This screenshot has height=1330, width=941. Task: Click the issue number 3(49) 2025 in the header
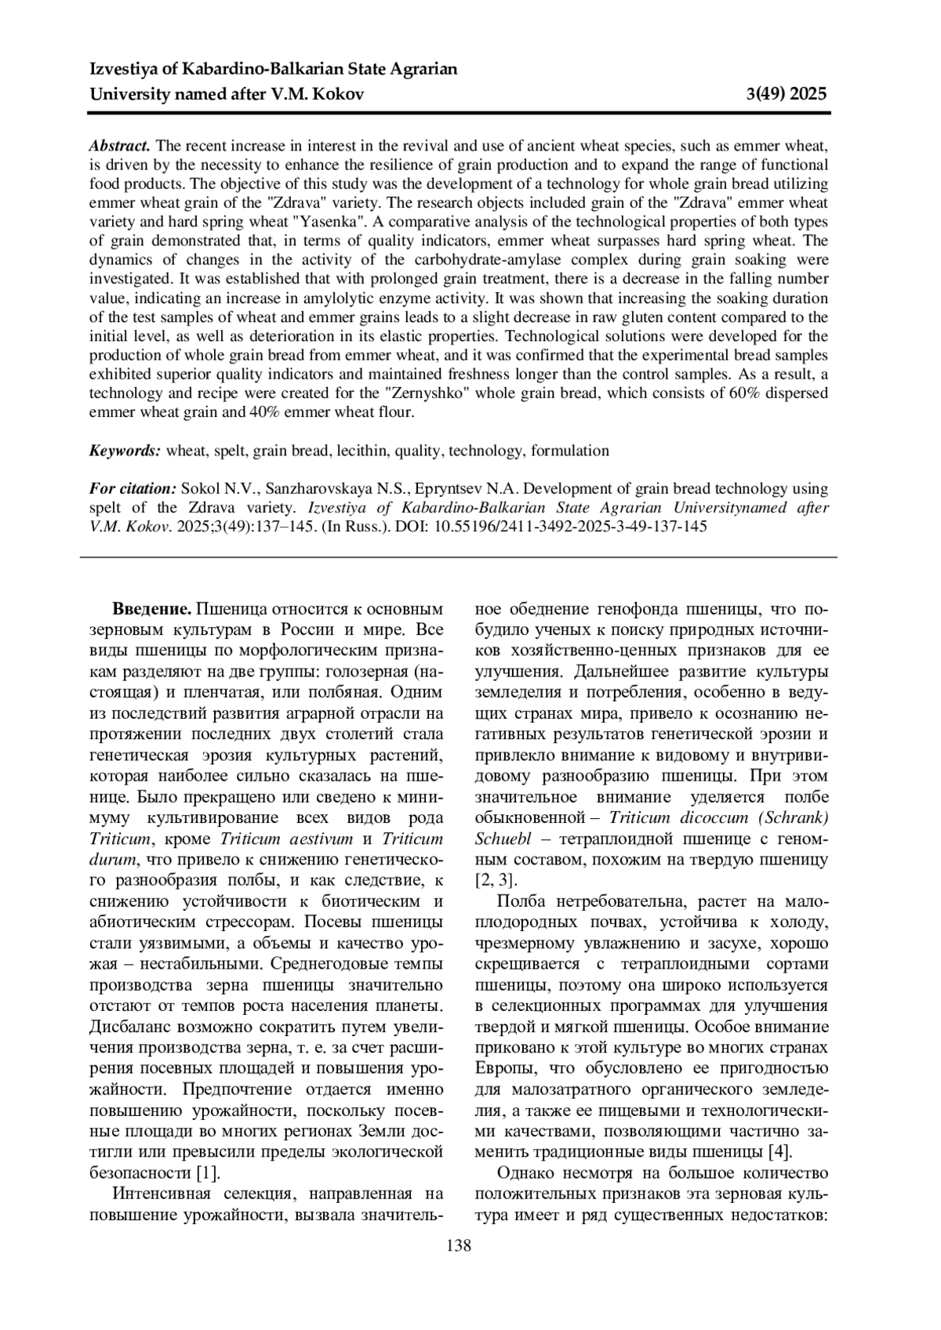(786, 95)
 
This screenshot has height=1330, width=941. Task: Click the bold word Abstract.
(119, 146)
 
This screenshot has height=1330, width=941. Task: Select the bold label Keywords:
(125, 451)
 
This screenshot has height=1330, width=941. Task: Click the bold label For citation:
(133, 488)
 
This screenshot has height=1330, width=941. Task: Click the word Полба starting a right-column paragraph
(522, 902)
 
